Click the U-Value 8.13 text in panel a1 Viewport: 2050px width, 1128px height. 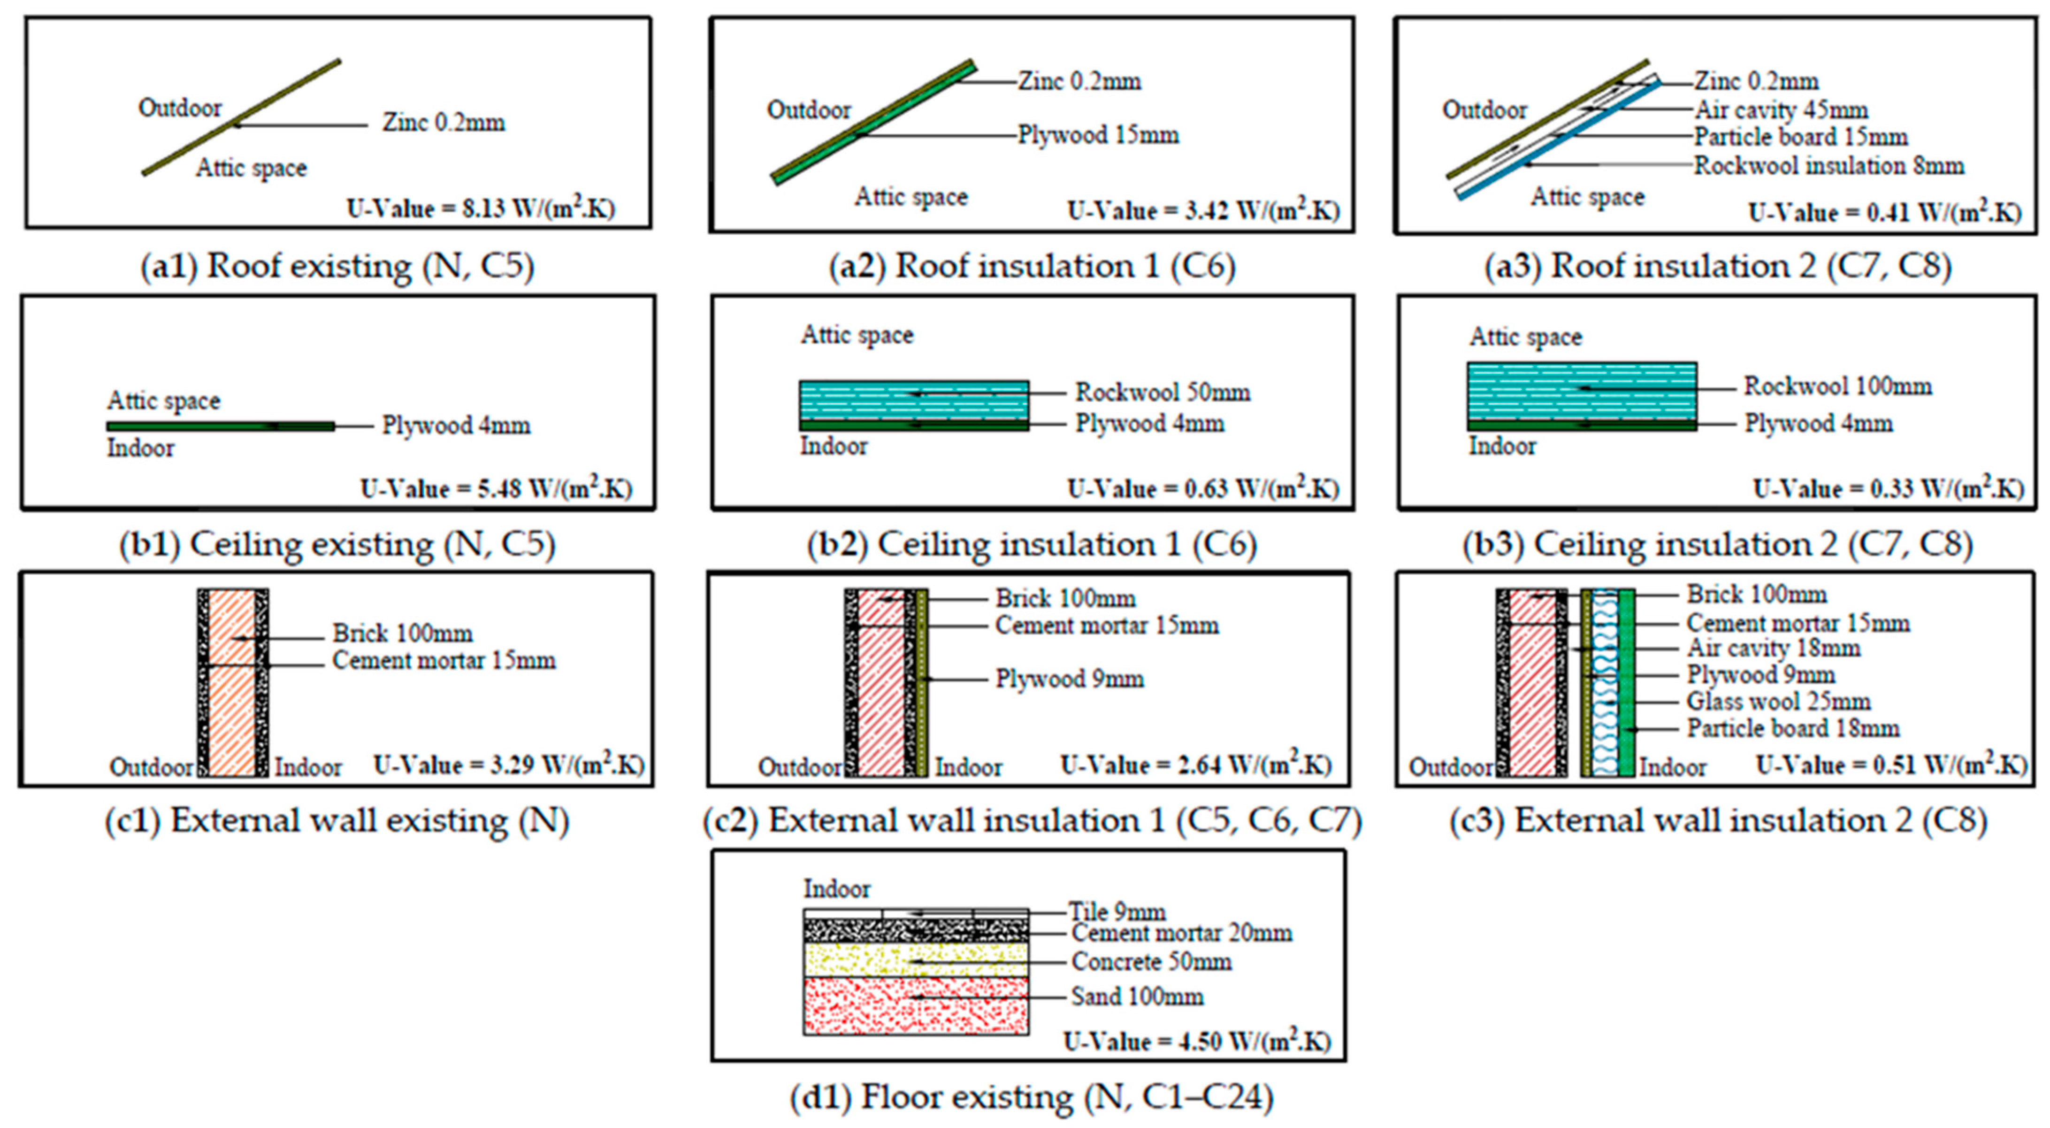click(x=481, y=209)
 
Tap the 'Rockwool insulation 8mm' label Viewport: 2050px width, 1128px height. click(x=1829, y=166)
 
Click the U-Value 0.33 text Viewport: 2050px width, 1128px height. click(x=1888, y=489)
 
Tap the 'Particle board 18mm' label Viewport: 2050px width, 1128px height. click(x=1793, y=728)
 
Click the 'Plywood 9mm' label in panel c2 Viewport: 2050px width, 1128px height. click(x=1070, y=679)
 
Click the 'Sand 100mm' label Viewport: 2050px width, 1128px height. click(x=1137, y=997)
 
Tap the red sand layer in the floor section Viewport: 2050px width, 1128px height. click(x=915, y=1006)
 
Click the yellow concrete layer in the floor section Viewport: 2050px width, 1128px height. click(x=915, y=960)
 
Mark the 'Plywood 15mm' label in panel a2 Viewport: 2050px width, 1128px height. click(x=1098, y=135)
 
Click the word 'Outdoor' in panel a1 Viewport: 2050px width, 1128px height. click(x=180, y=108)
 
